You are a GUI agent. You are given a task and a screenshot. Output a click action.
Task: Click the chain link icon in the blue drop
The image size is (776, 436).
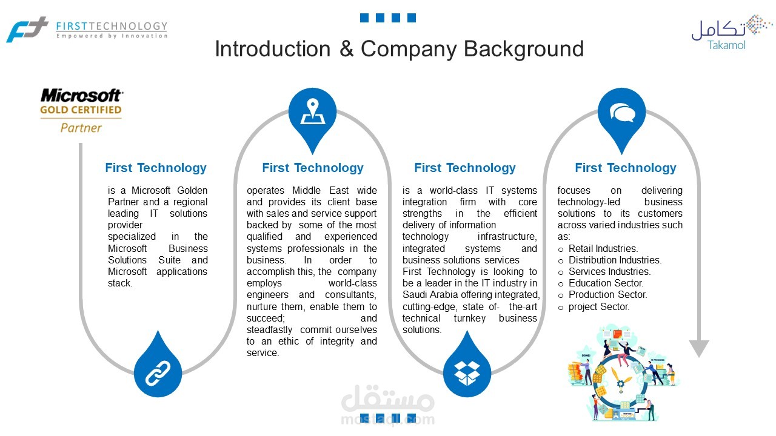coord(158,374)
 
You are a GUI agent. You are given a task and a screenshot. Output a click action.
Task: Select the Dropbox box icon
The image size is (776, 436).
coord(467,374)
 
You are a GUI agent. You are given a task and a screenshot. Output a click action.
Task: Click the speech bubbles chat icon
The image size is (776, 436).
coord(622,113)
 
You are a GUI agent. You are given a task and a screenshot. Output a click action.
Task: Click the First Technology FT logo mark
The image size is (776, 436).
coord(27,30)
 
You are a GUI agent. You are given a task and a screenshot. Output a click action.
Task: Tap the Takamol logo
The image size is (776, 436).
coord(732,33)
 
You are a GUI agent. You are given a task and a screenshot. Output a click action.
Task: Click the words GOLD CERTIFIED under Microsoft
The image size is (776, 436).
coord(81,110)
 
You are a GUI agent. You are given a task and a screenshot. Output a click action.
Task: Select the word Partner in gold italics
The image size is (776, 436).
coord(81,128)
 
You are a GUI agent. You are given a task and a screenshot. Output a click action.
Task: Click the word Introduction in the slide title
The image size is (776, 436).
coord(273,49)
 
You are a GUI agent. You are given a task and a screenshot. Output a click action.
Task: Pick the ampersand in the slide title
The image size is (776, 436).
coord(346,49)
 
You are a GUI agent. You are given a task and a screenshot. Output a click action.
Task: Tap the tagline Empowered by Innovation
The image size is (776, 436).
coord(112,36)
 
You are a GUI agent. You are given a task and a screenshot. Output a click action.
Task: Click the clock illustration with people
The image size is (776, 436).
coord(623,373)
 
